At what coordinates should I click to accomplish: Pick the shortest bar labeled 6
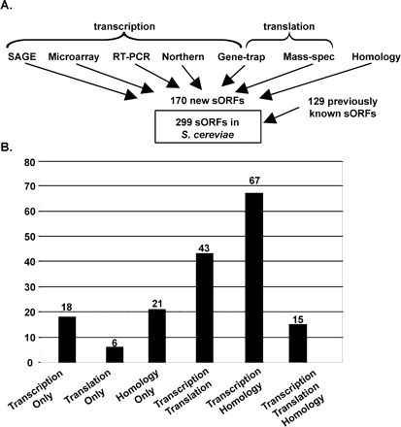click(x=116, y=354)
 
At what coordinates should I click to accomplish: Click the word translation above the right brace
click(x=310, y=17)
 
